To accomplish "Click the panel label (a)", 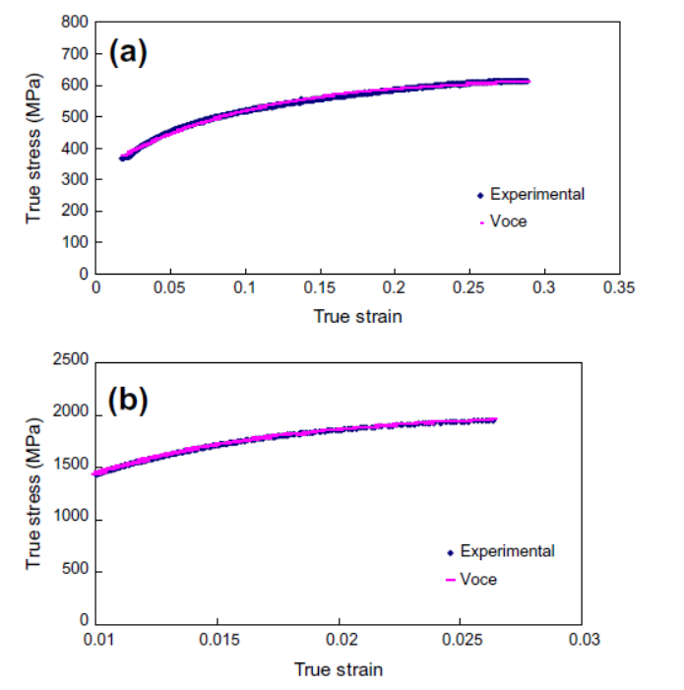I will pyautogui.click(x=128, y=51).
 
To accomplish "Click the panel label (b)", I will pyautogui.click(x=129, y=401).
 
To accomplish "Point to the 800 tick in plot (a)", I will pyautogui.click(x=73, y=22).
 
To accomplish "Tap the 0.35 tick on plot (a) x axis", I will pyautogui.click(x=619, y=287).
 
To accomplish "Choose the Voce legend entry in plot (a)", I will pyautogui.click(x=508, y=221).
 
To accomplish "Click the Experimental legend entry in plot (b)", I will pyautogui.click(x=507, y=551).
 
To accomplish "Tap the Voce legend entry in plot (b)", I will pyautogui.click(x=478, y=580).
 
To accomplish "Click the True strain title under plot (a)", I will pyautogui.click(x=357, y=316).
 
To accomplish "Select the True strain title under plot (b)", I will pyautogui.click(x=339, y=669).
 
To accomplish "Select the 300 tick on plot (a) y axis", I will pyautogui.click(x=73, y=179).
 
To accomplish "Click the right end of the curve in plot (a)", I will pyautogui.click(x=529, y=81).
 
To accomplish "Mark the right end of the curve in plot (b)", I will pyautogui.click(x=495, y=419).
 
